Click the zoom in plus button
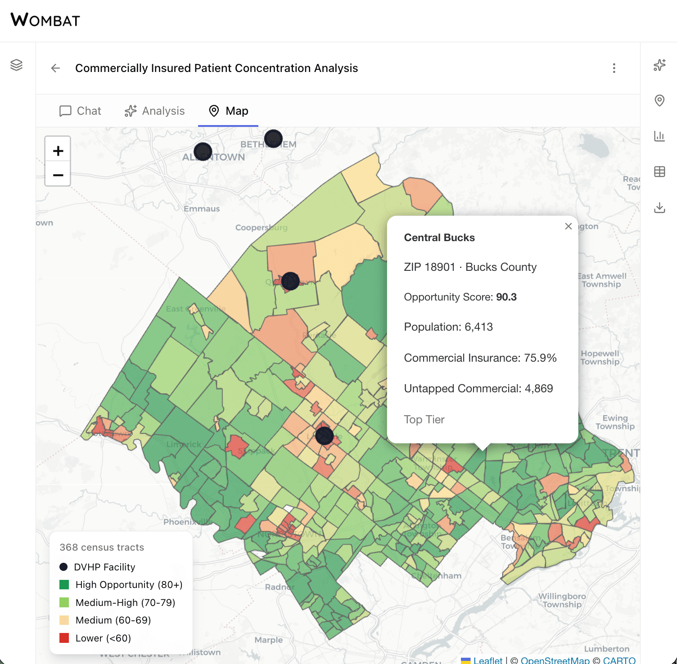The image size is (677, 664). (x=58, y=151)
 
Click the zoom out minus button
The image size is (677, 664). (x=58, y=175)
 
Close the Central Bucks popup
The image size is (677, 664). (x=568, y=226)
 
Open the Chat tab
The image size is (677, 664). (x=80, y=111)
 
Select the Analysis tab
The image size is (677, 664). (x=154, y=111)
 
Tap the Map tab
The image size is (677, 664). (x=228, y=111)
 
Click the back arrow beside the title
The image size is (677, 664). (x=56, y=68)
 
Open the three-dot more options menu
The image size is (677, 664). (x=614, y=68)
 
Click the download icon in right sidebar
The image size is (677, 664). (x=659, y=207)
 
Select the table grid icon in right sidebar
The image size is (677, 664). (x=659, y=171)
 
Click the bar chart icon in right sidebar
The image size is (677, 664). (x=659, y=136)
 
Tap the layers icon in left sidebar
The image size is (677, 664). (x=17, y=65)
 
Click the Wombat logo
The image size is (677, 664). (x=45, y=20)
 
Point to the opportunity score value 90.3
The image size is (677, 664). (x=506, y=297)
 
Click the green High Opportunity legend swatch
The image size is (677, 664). (x=64, y=584)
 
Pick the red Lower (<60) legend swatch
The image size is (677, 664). (x=64, y=638)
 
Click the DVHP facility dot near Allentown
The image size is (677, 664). (x=203, y=152)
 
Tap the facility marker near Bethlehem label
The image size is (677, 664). (x=273, y=139)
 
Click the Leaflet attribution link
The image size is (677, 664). (x=487, y=660)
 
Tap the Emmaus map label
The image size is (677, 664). (x=202, y=209)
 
